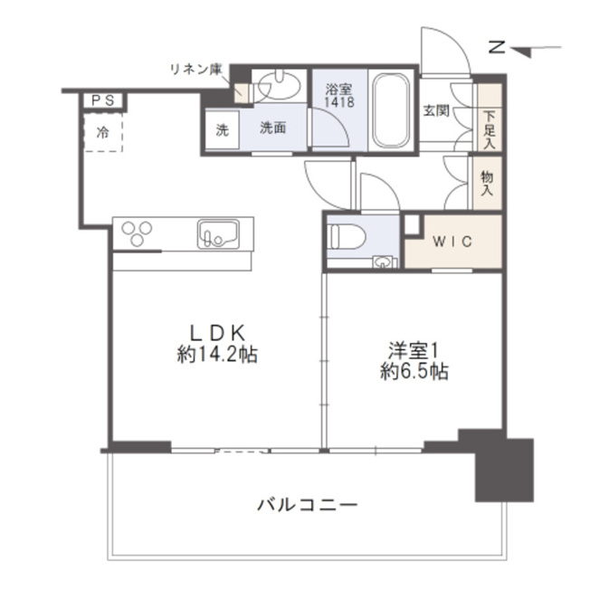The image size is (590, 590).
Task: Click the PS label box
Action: [103, 100]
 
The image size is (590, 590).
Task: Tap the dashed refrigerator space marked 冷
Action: [103, 132]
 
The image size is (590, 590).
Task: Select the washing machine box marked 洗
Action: [222, 129]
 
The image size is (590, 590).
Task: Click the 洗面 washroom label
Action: [273, 128]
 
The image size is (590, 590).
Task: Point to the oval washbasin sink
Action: [280, 85]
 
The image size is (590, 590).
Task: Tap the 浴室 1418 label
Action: [339, 96]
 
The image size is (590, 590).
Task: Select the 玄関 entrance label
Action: [436, 110]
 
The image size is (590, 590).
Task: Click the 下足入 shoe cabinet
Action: [490, 117]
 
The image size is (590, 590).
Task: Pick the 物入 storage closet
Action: [487, 183]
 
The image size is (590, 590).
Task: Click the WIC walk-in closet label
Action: [452, 242]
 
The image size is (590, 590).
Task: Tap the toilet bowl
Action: [347, 236]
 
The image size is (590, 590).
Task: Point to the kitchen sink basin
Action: [218, 234]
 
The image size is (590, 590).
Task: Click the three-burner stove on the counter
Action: [137, 233]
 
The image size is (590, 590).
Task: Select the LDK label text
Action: [218, 333]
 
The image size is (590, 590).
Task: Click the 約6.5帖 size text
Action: [414, 371]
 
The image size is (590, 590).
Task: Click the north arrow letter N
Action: [497, 48]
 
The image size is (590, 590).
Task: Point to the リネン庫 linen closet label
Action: [196, 70]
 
